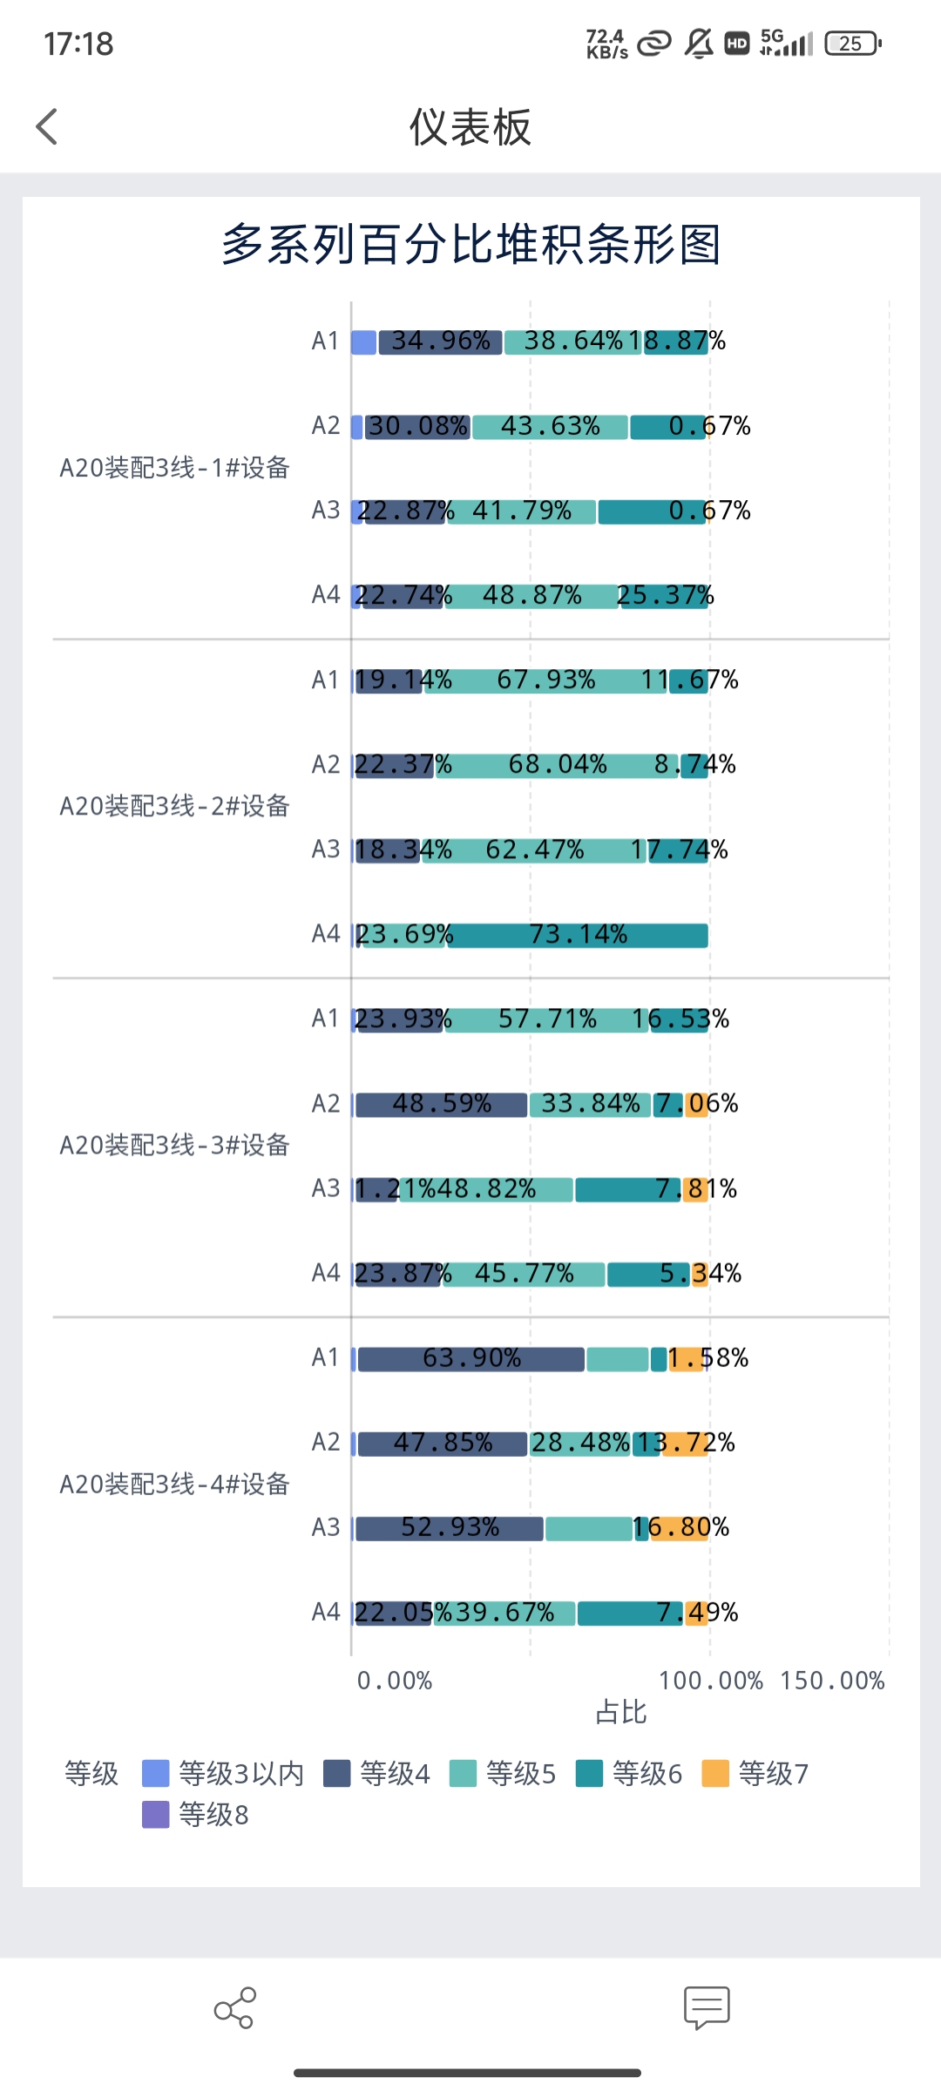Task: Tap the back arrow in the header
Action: [47, 127]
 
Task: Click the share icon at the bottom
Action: [234, 2007]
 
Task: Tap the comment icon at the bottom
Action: [707, 2007]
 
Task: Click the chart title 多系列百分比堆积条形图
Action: [470, 244]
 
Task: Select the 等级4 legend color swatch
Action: [336, 1773]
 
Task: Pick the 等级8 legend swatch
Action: [156, 1815]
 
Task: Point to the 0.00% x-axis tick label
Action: [395, 1681]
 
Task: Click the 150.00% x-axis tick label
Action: [832, 1681]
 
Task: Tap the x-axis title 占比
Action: [621, 1712]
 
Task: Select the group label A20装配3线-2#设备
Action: [174, 806]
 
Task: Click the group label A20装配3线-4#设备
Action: [174, 1484]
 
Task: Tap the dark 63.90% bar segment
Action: [470, 1359]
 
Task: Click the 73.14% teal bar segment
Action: [578, 936]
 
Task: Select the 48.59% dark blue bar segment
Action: [441, 1105]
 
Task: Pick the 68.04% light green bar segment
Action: [558, 766]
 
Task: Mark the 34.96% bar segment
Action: [440, 342]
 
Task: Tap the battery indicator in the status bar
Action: [853, 44]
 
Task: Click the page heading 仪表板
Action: [470, 127]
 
